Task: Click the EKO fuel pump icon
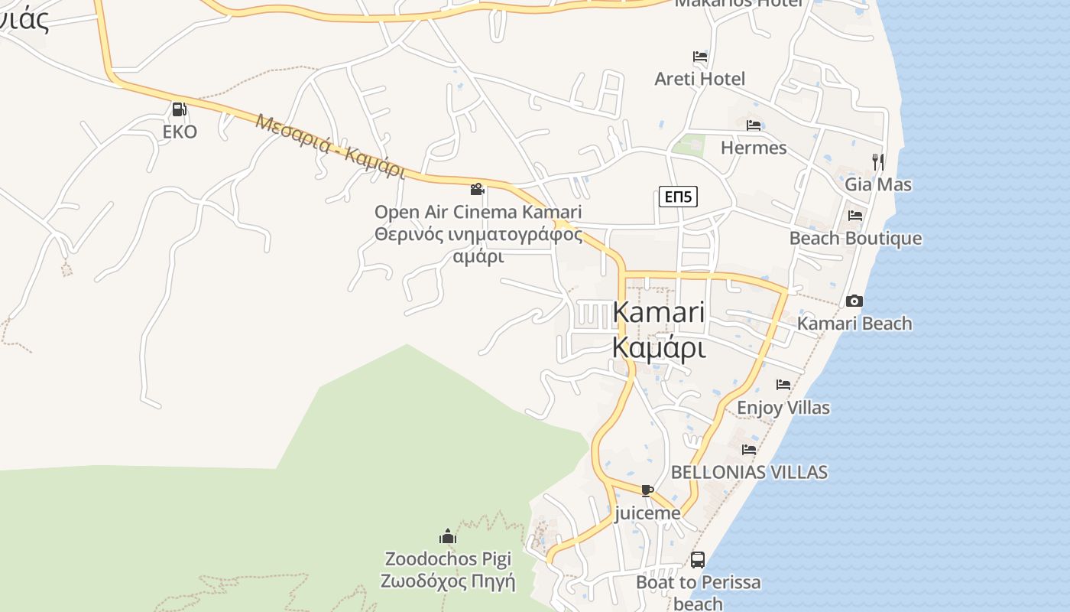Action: click(179, 110)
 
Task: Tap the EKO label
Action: click(180, 132)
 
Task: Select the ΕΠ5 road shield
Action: click(678, 197)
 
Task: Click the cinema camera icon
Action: click(478, 189)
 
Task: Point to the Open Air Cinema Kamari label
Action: click(478, 212)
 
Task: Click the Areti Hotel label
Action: click(699, 79)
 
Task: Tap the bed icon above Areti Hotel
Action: click(699, 57)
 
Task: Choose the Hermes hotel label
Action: click(754, 148)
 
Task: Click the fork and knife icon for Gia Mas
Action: click(878, 161)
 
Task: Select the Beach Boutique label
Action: click(855, 239)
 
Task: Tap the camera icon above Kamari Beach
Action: click(854, 301)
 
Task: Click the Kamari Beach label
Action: click(854, 324)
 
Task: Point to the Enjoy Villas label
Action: click(783, 408)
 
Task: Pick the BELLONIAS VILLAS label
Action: click(749, 472)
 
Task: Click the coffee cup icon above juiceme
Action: click(647, 490)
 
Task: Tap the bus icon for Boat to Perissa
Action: click(697, 560)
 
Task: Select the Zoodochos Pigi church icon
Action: click(448, 536)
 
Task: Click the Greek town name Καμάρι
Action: click(658, 348)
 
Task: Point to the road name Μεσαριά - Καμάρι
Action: click(330, 145)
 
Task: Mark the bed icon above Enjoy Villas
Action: click(783, 385)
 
